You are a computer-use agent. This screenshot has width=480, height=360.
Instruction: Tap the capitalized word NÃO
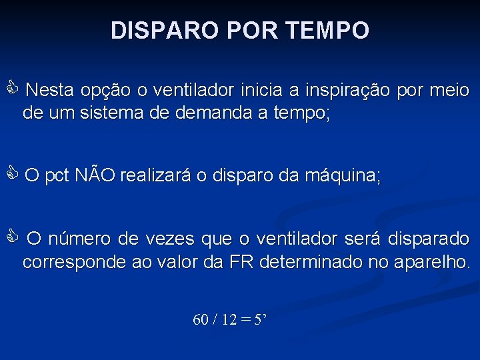pyautogui.click(x=95, y=177)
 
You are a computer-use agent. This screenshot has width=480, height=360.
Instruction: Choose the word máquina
pyautogui.click(x=342, y=177)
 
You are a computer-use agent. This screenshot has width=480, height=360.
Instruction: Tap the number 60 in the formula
pyautogui.click(x=200, y=320)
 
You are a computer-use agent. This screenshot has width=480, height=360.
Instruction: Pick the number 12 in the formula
pyautogui.click(x=229, y=320)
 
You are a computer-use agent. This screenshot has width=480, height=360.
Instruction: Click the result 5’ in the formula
pyautogui.click(x=260, y=320)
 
